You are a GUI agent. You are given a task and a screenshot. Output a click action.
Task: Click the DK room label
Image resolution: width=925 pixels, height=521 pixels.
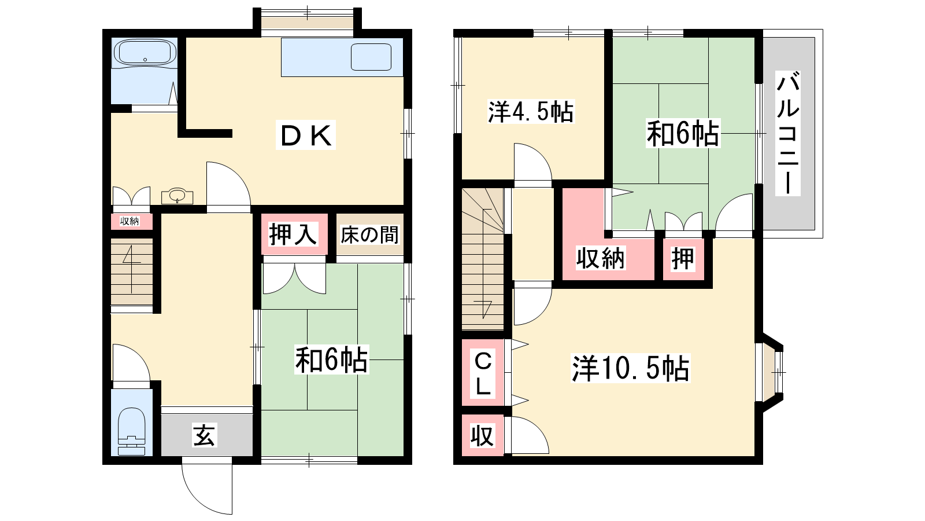pyautogui.click(x=306, y=135)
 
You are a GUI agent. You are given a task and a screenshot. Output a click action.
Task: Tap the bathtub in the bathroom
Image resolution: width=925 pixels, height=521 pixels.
pyautogui.click(x=145, y=53)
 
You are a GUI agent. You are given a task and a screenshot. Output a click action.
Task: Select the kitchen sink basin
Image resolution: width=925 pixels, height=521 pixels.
pyautogui.click(x=371, y=57)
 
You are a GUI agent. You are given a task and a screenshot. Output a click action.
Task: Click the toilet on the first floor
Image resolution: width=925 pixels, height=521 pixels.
pyautogui.click(x=131, y=431)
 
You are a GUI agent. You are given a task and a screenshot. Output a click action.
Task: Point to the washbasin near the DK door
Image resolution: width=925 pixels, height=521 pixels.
pyautogui.click(x=177, y=196)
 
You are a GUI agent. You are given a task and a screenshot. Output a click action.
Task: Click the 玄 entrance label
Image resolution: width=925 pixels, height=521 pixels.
pyautogui.click(x=205, y=435)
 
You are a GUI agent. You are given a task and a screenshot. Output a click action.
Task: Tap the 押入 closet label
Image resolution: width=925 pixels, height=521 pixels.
pyautogui.click(x=293, y=234)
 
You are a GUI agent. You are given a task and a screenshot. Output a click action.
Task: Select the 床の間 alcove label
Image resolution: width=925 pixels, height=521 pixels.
pyautogui.click(x=369, y=234)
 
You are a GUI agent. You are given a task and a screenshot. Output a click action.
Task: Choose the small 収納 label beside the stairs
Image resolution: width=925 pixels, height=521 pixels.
pyautogui.click(x=129, y=221)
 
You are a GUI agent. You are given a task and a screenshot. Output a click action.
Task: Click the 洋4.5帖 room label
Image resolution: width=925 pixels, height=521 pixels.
pyautogui.click(x=531, y=111)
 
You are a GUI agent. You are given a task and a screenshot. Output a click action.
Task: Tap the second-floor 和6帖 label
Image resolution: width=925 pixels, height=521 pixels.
pyautogui.click(x=683, y=134)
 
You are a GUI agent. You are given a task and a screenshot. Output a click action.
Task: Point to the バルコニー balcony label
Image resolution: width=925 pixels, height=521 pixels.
pyautogui.click(x=788, y=133)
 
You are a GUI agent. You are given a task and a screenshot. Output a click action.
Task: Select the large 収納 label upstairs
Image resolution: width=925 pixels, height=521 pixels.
pyautogui.click(x=601, y=258)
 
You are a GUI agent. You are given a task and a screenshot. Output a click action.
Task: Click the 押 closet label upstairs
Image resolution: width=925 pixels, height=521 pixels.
pyautogui.click(x=683, y=258)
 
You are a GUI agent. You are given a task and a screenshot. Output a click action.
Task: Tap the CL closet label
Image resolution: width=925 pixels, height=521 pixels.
pyautogui.click(x=483, y=374)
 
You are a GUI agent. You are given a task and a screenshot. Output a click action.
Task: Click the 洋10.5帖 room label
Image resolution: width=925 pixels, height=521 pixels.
pyautogui.click(x=631, y=368)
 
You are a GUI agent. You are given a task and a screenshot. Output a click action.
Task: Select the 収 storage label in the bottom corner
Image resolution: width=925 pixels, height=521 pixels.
pyautogui.click(x=482, y=435)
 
